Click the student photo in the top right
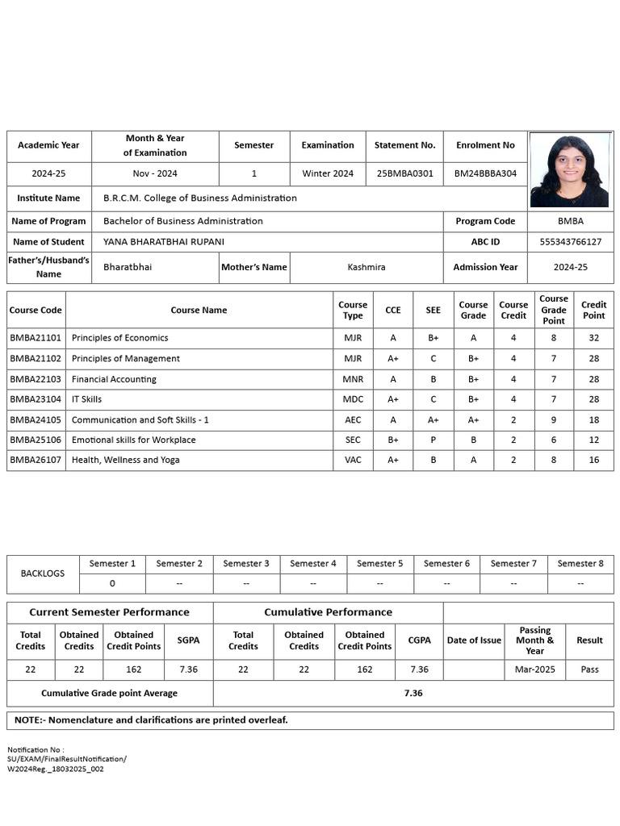(x=570, y=170)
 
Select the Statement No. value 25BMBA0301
(x=404, y=173)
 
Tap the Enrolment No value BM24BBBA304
(x=485, y=173)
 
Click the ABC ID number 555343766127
(x=571, y=242)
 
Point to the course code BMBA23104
(x=36, y=399)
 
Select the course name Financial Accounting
(x=114, y=379)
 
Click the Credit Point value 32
(x=593, y=338)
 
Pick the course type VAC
(x=353, y=461)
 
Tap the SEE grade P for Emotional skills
(x=433, y=440)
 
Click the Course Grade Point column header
(x=554, y=310)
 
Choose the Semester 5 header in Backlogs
(x=379, y=564)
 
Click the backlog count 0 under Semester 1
(x=112, y=583)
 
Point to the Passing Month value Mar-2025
(x=534, y=670)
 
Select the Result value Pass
(x=589, y=670)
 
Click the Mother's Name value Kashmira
(x=367, y=267)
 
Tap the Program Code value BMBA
(x=571, y=221)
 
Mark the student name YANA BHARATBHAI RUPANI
(x=164, y=242)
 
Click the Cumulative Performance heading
(x=328, y=612)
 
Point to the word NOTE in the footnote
(x=30, y=720)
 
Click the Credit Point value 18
(x=593, y=420)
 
